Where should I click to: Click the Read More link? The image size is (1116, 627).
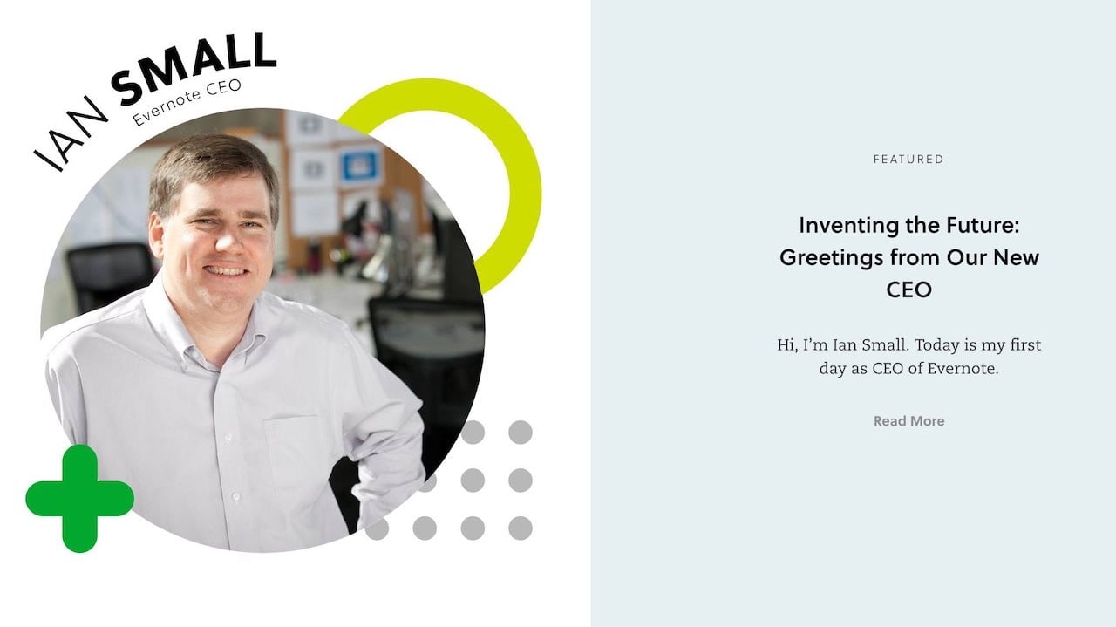point(908,421)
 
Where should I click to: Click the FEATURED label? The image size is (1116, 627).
point(908,160)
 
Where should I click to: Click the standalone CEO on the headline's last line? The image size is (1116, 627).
point(908,290)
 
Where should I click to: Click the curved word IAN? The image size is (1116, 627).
point(70,133)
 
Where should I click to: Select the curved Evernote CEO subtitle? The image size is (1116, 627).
point(187,102)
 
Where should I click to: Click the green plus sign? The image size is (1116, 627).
point(79,499)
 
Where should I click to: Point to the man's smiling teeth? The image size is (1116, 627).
point(226,271)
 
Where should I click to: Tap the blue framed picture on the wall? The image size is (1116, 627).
point(360,166)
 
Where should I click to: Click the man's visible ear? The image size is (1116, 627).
point(155,235)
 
